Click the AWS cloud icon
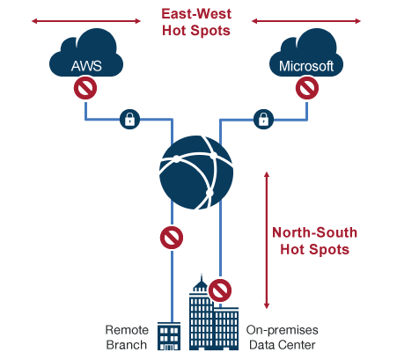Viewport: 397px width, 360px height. [86, 55]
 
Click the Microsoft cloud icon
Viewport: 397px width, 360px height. [306, 55]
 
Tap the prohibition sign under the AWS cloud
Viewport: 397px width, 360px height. [85, 88]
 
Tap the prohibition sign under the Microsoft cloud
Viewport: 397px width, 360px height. [307, 88]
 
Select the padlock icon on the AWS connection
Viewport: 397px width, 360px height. [129, 120]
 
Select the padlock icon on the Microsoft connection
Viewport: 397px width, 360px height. [263, 120]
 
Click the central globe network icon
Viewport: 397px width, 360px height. [196, 173]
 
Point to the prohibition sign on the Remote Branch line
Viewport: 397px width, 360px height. [172, 238]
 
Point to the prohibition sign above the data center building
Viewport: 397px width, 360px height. [220, 290]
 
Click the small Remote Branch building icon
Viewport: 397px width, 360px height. [169, 336]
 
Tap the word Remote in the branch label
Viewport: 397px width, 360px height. [127, 330]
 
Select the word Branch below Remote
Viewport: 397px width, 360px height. [127, 345]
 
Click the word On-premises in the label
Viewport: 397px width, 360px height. [283, 330]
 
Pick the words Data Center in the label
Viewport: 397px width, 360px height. [283, 345]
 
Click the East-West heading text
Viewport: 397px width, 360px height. [196, 14]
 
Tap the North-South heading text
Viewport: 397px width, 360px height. [315, 232]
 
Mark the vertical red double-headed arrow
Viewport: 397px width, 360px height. [267, 240]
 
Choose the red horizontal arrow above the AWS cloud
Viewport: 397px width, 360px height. [86, 21]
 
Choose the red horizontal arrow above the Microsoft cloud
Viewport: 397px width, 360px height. [306, 21]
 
